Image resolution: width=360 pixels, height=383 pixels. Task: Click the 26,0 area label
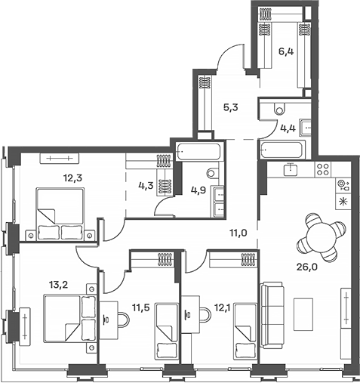pyautogui.click(x=307, y=267)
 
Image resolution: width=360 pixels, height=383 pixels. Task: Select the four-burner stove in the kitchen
pyautogui.click(x=323, y=169)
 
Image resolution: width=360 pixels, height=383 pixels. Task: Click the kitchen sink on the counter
pyautogui.click(x=291, y=169)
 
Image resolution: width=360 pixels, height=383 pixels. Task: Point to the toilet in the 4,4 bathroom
pyautogui.click(x=278, y=108)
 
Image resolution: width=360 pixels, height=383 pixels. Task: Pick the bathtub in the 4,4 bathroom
pyautogui.click(x=282, y=150)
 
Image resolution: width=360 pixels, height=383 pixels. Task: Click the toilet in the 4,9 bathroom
pyautogui.click(x=213, y=172)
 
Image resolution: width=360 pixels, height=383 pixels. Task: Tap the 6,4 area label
pyautogui.click(x=286, y=51)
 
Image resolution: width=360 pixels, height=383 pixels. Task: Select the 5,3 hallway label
pyautogui.click(x=231, y=108)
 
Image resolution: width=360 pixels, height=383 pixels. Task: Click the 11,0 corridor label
pyautogui.click(x=238, y=233)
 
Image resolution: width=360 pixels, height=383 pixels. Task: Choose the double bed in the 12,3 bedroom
pyautogui.click(x=60, y=214)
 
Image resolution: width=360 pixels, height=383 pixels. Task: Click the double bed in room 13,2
pyautogui.click(x=70, y=319)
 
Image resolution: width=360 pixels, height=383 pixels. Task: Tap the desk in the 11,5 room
pyautogui.click(x=109, y=320)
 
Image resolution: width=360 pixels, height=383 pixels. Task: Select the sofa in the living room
pyautogui.click(x=272, y=315)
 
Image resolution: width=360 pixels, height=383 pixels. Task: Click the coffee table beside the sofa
pyautogui.click(x=303, y=314)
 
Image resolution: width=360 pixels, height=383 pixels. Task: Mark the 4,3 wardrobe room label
pyautogui.click(x=146, y=186)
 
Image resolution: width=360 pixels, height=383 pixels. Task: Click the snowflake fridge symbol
pyautogui.click(x=342, y=202)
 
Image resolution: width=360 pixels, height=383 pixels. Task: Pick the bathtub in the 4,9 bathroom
pyautogui.click(x=198, y=151)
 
